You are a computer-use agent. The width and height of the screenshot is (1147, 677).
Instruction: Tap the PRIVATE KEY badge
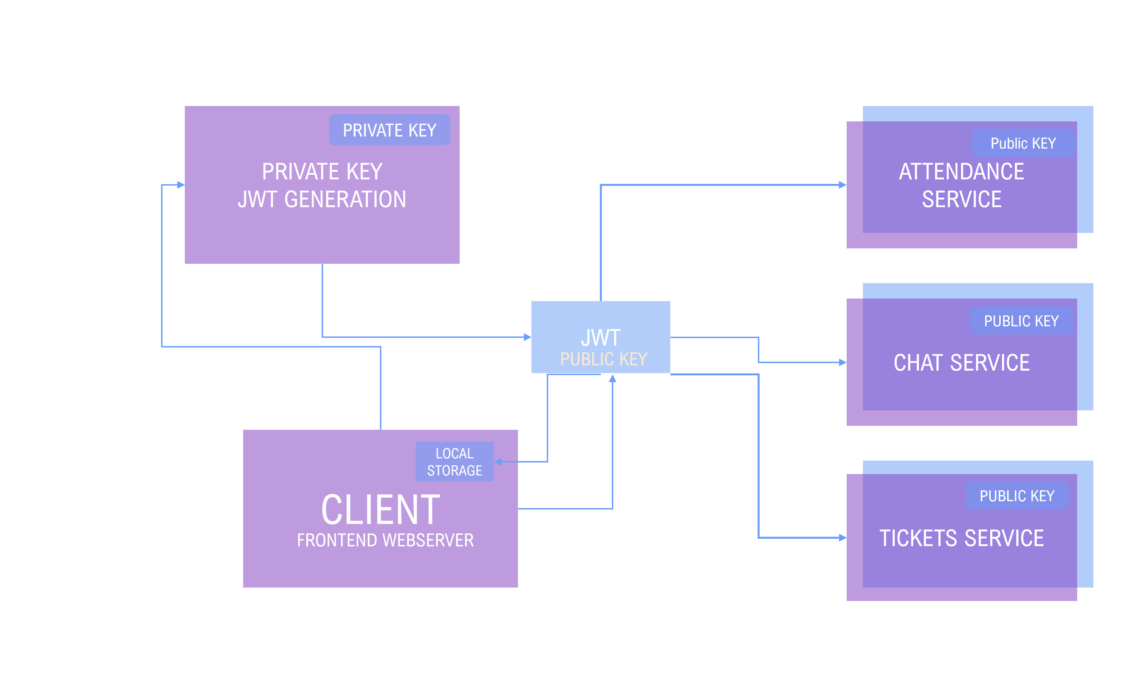[x=389, y=130]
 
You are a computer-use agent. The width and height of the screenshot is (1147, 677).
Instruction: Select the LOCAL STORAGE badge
[x=454, y=462]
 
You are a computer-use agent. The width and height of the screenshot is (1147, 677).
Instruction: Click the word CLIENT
[x=381, y=510]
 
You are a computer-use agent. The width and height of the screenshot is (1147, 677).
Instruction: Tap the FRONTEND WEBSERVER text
[x=385, y=540]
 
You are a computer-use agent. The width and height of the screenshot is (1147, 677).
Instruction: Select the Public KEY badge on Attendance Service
[x=1023, y=143]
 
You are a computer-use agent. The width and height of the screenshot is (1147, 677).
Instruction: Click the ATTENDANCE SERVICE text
[x=961, y=185]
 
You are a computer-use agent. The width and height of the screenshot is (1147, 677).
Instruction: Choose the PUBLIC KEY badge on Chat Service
[x=1021, y=321]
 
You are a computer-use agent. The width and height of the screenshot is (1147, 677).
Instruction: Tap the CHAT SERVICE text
[x=961, y=363]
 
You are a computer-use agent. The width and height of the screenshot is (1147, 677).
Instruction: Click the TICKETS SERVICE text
[x=961, y=538]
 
